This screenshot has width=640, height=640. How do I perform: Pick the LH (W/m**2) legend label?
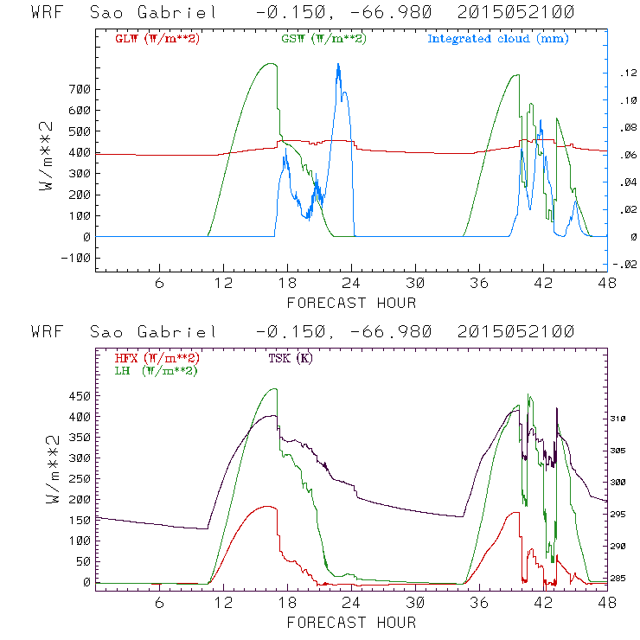155,370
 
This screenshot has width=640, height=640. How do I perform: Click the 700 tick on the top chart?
79,90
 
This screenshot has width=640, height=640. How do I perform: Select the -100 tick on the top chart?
75,258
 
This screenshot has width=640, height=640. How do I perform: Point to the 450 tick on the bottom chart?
79,396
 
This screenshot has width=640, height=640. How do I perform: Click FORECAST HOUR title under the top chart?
351,303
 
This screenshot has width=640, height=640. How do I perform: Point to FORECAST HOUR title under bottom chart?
351,622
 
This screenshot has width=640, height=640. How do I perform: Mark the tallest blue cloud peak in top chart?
338,64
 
